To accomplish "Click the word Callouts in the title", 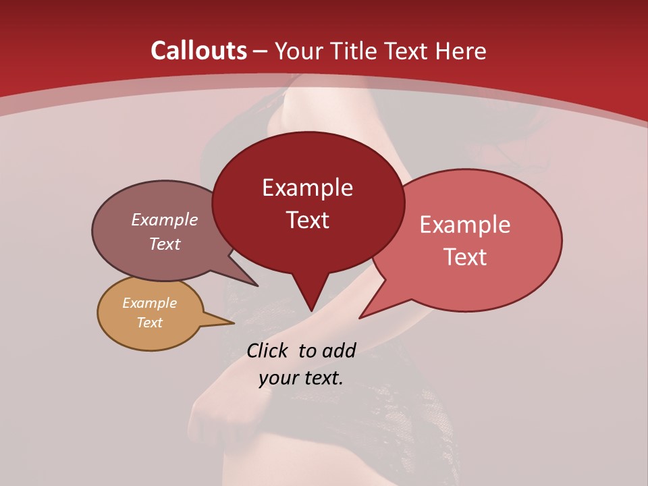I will pos(198,51).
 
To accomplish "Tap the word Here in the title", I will pos(462,51).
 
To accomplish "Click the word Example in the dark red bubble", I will pos(307,188).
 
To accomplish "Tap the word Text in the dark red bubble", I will pos(307,220).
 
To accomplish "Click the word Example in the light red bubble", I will pos(465,225).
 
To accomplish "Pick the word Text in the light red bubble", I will pos(465,257).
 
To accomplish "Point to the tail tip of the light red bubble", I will pos(360,317).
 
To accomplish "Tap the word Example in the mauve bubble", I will pos(164,220).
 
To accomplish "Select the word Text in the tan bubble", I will pos(149,323).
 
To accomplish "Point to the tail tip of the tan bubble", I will pos(234,323).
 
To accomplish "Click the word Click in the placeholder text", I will pos(267,350).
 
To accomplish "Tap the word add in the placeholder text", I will pos(338,350).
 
